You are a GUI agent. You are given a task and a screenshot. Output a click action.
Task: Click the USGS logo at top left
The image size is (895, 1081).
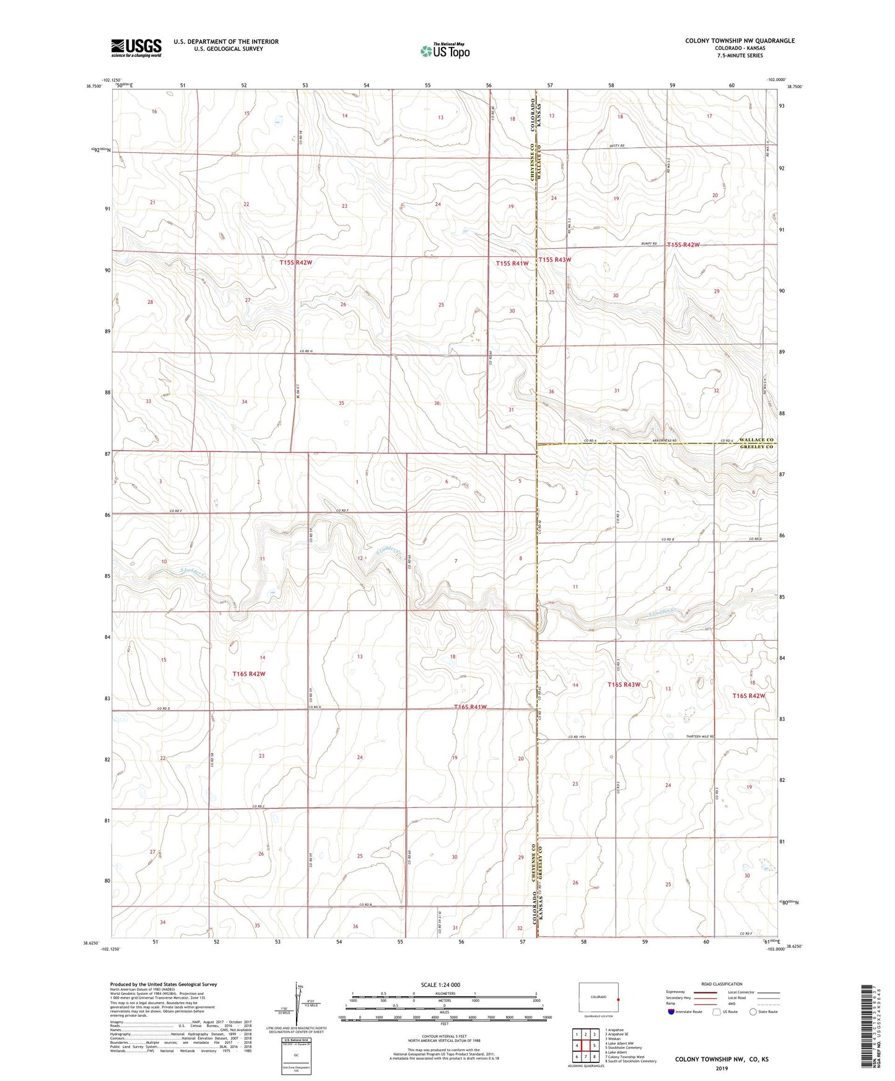pyautogui.click(x=136, y=48)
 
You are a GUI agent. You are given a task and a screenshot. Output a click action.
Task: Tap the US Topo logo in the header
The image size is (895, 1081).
pyautogui.click(x=445, y=51)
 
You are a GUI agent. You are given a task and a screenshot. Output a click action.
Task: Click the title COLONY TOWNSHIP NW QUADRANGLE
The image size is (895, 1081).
pyautogui.click(x=740, y=41)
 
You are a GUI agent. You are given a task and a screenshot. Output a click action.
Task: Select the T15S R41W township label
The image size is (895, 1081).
pyautogui.click(x=512, y=264)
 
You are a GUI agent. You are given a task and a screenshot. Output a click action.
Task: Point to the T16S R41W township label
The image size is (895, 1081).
pyautogui.click(x=470, y=706)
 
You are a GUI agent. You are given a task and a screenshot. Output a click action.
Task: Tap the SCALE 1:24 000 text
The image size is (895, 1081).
pyautogui.click(x=440, y=984)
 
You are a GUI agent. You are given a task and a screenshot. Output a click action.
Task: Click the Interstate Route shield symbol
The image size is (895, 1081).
pyautogui.click(x=672, y=1012)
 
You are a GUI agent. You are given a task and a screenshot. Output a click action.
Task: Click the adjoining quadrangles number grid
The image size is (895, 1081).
pyautogui.click(x=585, y=1046)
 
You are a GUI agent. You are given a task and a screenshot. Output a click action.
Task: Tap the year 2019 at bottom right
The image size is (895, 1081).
pyautogui.click(x=722, y=1068)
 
